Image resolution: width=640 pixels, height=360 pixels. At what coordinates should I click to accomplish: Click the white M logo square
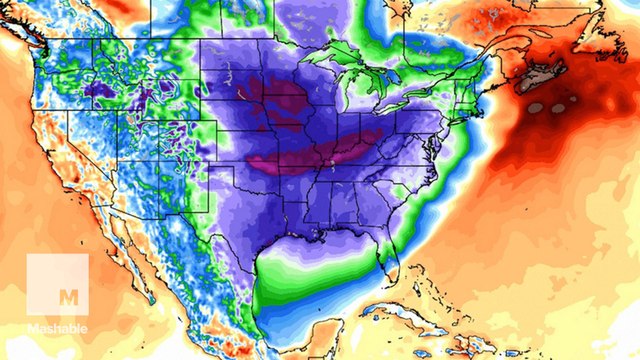tap(57, 285)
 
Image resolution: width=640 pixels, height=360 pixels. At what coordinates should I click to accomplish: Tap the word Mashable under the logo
tap(57, 327)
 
